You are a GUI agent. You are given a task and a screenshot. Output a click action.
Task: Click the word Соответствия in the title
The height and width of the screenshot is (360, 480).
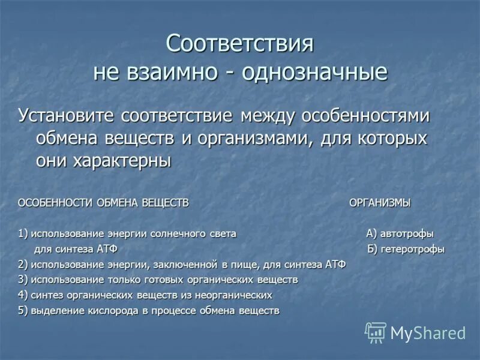[240, 44]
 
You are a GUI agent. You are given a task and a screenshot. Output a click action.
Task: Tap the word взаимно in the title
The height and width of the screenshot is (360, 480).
[179, 73]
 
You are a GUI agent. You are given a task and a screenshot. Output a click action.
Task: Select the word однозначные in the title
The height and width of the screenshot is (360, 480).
[314, 73]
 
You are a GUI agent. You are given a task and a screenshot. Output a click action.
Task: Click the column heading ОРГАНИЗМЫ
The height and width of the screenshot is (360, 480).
[380, 203]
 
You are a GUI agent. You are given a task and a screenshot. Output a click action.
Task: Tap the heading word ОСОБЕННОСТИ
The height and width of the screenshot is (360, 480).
[54, 203]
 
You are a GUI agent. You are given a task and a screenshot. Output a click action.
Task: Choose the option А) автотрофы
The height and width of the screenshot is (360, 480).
[400, 234]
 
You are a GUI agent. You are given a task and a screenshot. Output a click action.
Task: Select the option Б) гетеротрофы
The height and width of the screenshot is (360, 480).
[406, 250]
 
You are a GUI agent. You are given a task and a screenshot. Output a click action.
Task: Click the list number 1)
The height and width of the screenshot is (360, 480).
[23, 234]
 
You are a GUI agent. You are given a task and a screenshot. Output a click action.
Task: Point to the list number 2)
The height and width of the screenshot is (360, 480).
[23, 265]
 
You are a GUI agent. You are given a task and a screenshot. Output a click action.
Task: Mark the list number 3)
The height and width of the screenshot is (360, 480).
[23, 280]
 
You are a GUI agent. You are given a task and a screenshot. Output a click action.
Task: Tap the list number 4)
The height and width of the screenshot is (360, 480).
[23, 295]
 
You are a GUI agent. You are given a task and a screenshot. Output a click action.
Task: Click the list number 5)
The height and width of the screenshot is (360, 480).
[23, 311]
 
